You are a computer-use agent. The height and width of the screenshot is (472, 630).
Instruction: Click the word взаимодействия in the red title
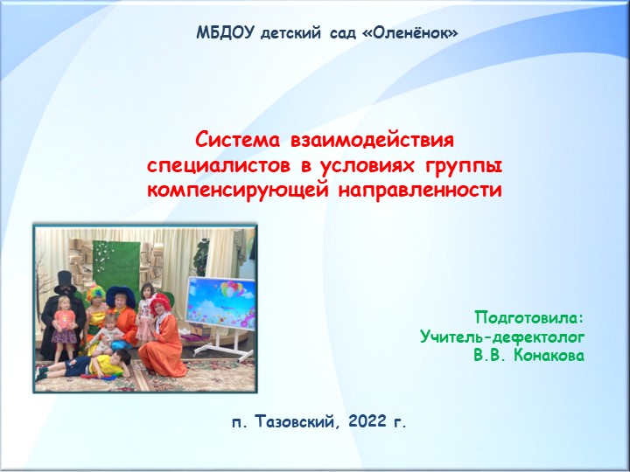pyautogui.click(x=371, y=140)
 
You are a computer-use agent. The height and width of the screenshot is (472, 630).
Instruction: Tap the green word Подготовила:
pyautogui.click(x=528, y=316)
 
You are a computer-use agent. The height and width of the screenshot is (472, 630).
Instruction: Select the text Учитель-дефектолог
pyautogui.click(x=501, y=337)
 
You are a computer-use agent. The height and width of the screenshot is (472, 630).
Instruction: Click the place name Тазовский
pyautogui.click(x=296, y=423)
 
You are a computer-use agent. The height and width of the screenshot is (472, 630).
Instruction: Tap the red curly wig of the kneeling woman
pyautogui.click(x=162, y=302)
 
